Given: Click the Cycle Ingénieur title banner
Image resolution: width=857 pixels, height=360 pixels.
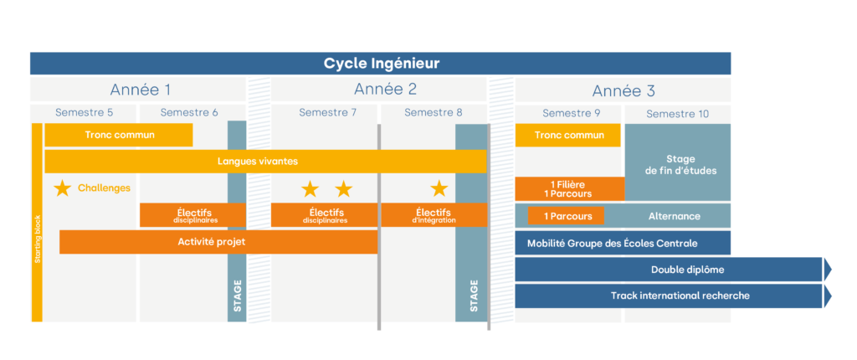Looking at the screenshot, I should [381, 64].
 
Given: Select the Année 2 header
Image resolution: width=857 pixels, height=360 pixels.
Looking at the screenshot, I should [385, 90].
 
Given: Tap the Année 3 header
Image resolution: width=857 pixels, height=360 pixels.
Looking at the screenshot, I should [624, 90].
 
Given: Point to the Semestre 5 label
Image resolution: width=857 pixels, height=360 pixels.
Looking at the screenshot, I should [84, 113].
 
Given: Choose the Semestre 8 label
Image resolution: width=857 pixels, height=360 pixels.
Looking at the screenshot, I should [433, 113].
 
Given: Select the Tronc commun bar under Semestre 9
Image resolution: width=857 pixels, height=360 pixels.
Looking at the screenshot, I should [568, 136].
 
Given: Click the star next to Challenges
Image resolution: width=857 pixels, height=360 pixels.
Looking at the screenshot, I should [62, 188].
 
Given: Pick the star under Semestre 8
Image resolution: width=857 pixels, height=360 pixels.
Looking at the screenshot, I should [439, 188].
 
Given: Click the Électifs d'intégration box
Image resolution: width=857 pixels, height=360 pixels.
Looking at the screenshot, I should [434, 215].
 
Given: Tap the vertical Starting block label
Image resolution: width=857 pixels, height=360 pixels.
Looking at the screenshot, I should [37, 239].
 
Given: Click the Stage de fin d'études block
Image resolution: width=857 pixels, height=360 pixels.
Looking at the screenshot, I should [678, 163].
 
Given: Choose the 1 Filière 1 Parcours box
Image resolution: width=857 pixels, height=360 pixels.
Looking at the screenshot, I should [569, 189].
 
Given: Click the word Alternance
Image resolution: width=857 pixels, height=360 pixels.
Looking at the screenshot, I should [674, 216].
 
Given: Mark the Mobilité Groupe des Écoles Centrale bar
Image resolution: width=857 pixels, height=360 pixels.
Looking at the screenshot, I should [623, 244].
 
